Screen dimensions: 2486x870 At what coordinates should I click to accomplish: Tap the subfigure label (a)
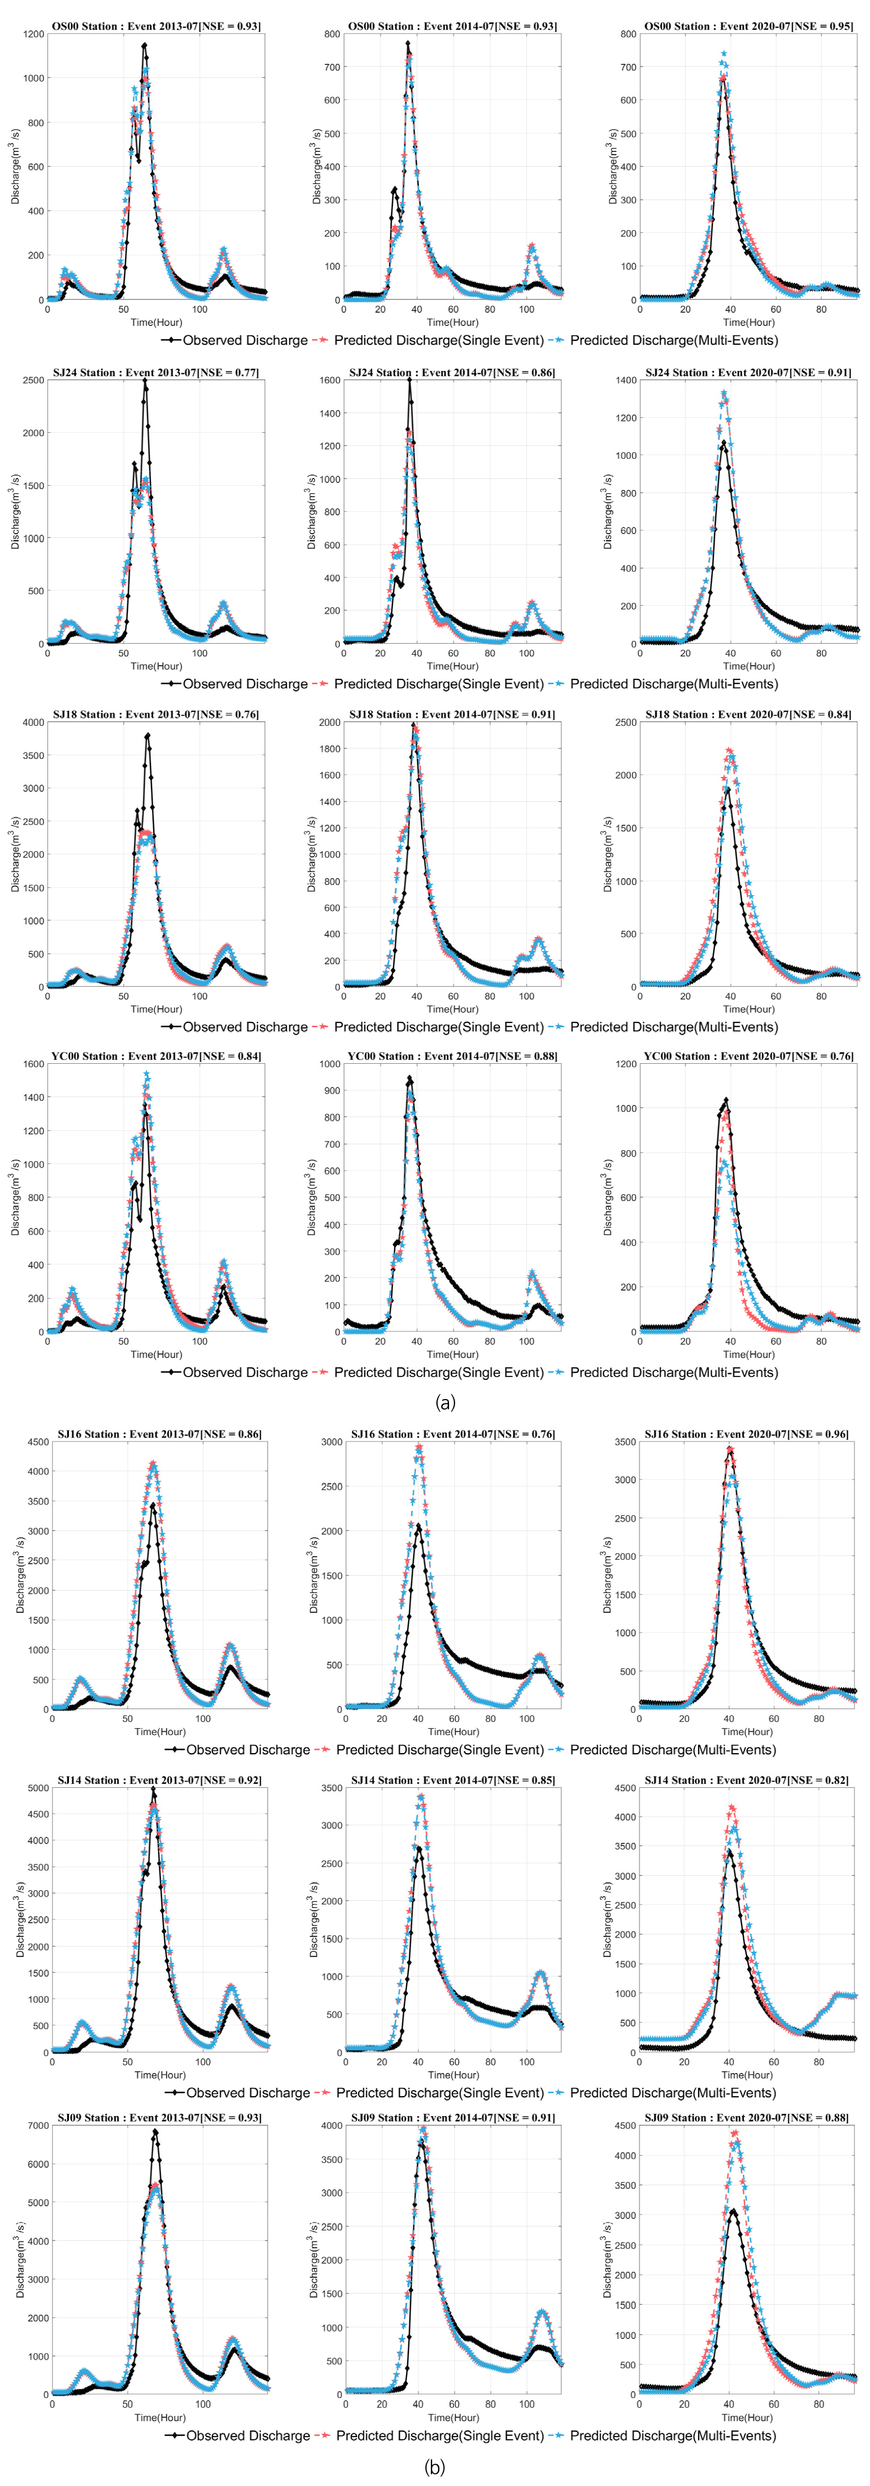[445, 1401]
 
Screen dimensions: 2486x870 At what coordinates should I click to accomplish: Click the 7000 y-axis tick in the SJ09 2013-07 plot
[37, 2125]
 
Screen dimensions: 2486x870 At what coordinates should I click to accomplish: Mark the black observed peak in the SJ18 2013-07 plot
[148, 736]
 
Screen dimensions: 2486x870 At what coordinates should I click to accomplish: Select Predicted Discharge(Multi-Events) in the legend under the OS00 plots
[673, 340]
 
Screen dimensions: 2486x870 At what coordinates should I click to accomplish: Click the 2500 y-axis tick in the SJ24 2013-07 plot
[34, 380]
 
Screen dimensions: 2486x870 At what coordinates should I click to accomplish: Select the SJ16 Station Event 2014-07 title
[453, 1434]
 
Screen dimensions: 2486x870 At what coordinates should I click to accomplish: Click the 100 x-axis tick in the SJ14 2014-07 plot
[526, 2061]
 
